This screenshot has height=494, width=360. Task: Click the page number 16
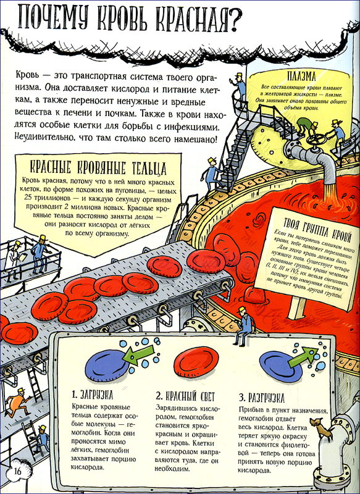[17, 471]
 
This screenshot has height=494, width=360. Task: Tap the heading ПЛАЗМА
[301, 76]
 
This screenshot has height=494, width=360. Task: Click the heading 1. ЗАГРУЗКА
[92, 395]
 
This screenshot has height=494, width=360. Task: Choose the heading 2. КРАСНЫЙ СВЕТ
[185, 396]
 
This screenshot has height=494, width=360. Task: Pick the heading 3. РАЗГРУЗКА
[261, 398]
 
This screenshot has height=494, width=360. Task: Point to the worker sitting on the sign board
[243, 326]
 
